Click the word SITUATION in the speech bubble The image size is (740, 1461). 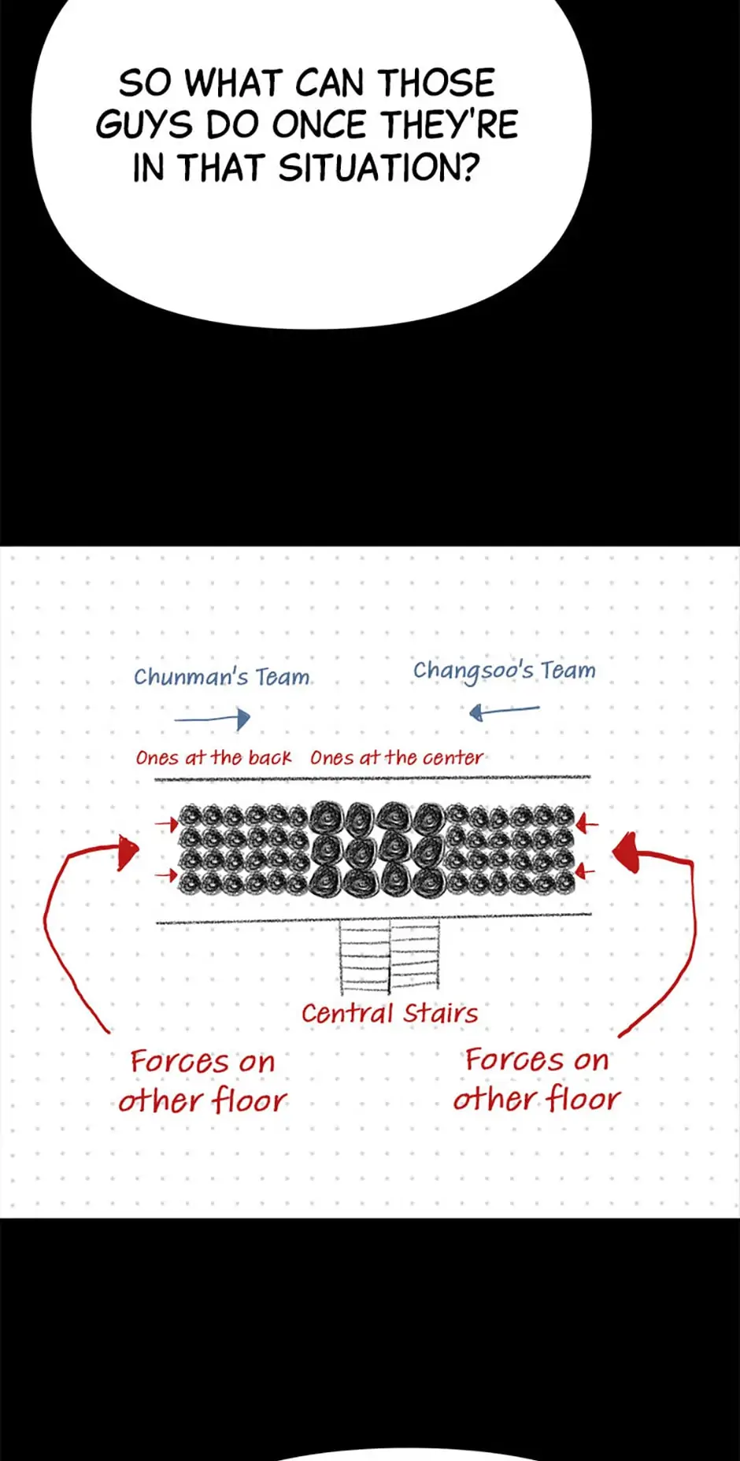[x=379, y=168]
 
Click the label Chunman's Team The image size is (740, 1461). [x=222, y=677]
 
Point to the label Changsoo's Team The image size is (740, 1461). [x=504, y=671]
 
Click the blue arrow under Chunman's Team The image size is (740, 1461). [x=213, y=718]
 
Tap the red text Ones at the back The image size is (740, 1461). [x=213, y=758]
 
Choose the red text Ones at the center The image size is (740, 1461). [x=397, y=758]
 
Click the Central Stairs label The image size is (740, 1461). [x=390, y=1013]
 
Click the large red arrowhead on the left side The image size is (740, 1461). [x=127, y=852]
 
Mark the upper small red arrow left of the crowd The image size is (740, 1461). [x=167, y=824]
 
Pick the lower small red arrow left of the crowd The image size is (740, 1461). [x=167, y=875]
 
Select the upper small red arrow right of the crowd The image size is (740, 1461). [x=586, y=824]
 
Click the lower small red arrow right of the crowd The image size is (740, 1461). [x=586, y=871]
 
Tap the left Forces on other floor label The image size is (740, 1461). [x=203, y=1082]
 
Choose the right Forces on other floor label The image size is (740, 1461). [x=537, y=1079]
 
